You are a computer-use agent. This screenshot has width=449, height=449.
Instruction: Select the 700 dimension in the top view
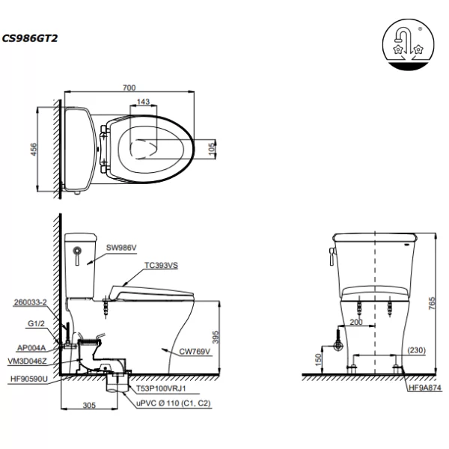(x=129, y=88)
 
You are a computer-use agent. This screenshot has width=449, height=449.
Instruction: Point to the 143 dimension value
(x=144, y=102)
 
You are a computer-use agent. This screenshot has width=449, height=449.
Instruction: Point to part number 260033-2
(x=30, y=303)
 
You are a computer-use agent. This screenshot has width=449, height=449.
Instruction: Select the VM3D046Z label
(x=32, y=360)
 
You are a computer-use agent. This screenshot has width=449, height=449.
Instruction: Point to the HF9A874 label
(x=425, y=388)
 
